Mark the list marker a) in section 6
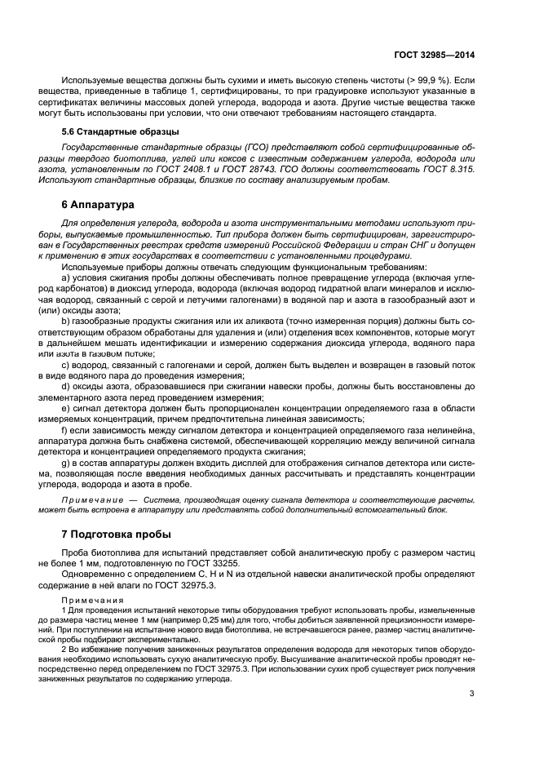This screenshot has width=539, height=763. pos(66,277)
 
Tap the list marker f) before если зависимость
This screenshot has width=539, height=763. pos(65,428)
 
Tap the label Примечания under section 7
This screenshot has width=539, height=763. pos(92,600)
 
